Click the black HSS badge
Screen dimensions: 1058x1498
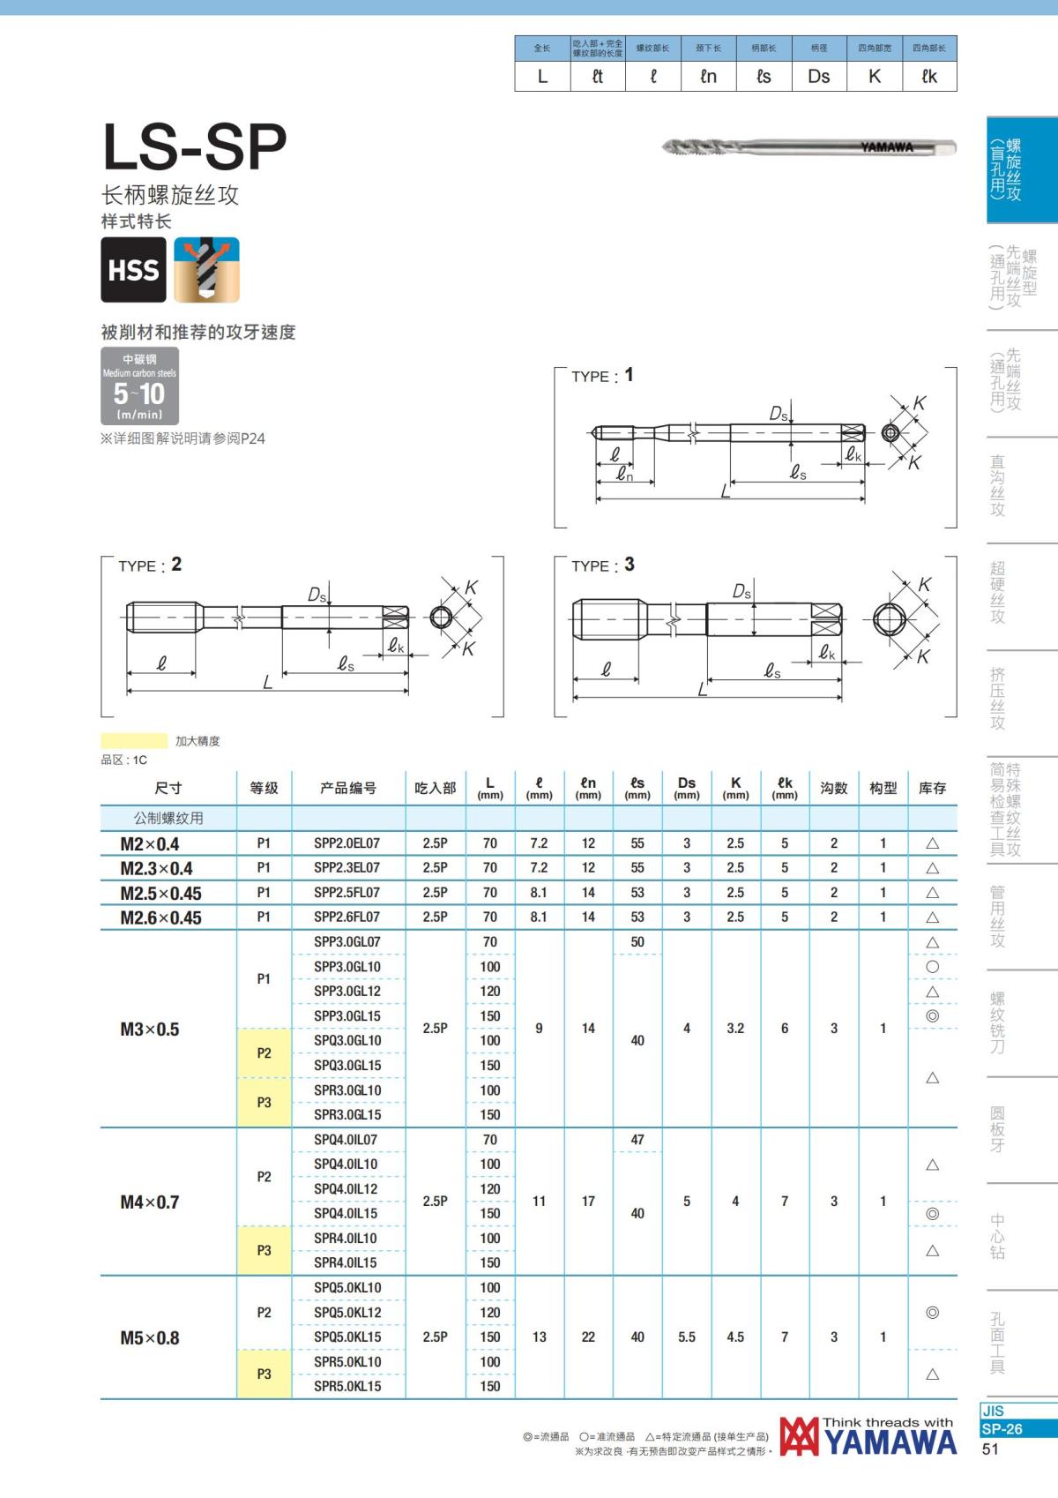coord(134,270)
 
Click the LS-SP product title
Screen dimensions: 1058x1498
coord(195,146)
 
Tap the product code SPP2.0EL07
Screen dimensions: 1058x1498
coord(346,843)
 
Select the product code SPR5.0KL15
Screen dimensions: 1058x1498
coord(347,1386)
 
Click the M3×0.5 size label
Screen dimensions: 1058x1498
coord(150,1030)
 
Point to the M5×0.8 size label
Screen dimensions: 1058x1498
coord(150,1337)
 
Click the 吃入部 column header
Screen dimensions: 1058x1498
coord(435,789)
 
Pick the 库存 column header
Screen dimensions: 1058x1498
coord(932,789)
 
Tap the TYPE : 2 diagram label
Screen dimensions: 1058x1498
coord(150,565)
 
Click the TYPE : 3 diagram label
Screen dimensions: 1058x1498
coord(603,565)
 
